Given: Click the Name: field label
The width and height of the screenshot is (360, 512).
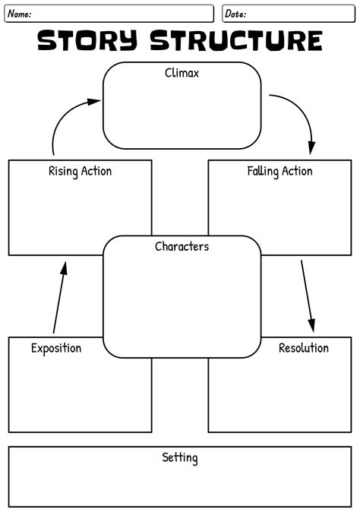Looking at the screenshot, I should click(19, 14).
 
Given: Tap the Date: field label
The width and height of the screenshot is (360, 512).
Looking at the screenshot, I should click(235, 14).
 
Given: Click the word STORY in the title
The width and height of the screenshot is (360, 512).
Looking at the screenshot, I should click(87, 40).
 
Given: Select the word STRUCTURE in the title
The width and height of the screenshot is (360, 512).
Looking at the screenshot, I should click(236, 40).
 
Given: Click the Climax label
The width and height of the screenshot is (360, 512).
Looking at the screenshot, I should click(182, 74).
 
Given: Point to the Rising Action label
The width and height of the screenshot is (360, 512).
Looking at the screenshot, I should click(80, 171).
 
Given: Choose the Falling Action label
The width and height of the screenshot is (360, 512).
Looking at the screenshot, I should click(279, 171).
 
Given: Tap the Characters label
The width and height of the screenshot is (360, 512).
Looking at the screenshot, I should click(182, 246).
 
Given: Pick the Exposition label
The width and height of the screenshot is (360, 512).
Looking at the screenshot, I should click(56, 348).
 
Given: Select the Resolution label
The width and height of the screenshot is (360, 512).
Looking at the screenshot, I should click(303, 348).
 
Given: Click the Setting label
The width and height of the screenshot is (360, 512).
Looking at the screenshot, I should click(180, 457).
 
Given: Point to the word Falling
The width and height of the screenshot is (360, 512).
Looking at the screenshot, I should click(264, 171).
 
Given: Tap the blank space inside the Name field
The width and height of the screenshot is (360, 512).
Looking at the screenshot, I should click(122, 14).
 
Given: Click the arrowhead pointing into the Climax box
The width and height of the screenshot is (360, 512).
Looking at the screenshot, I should click(95, 100).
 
